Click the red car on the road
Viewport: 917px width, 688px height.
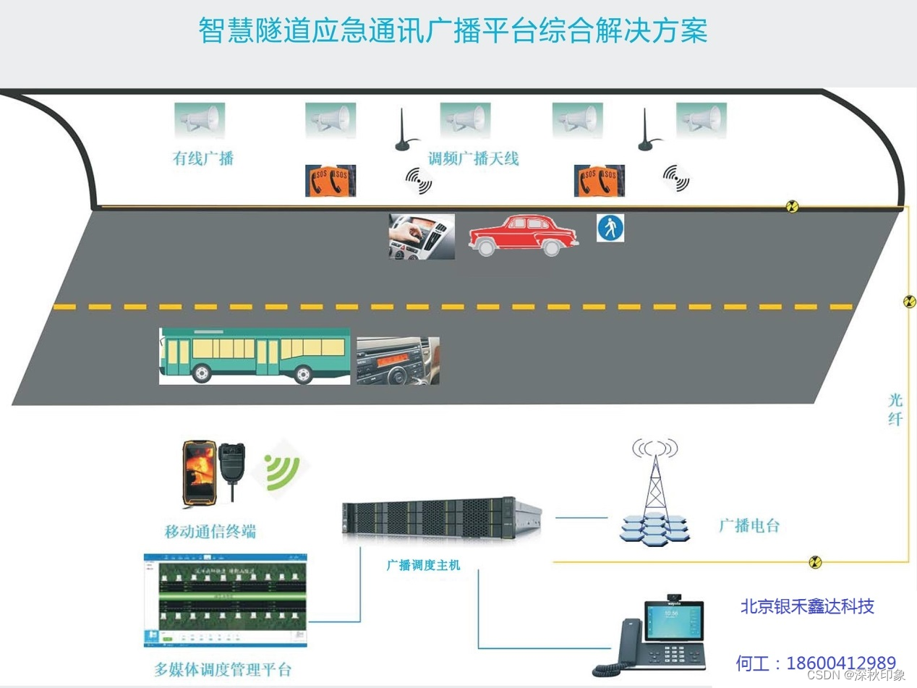coord(523,234)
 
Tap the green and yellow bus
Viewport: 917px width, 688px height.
coord(255,355)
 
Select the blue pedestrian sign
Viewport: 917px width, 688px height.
coord(610,229)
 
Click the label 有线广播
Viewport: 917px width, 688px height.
coord(203,158)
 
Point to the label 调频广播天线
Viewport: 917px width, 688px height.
coord(473,158)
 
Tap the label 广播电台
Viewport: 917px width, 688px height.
coord(749,526)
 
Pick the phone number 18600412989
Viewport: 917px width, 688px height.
coord(841,663)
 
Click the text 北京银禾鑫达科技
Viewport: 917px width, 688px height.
coord(807,606)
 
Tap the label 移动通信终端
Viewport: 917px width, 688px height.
coord(210,532)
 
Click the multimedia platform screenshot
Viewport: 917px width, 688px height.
coord(225,600)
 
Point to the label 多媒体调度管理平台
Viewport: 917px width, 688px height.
coord(223,669)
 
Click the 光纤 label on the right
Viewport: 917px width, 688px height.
coord(895,409)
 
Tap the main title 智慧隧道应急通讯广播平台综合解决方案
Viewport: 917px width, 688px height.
coord(453,31)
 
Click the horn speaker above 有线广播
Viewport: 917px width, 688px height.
coord(200,119)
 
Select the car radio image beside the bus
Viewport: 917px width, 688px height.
coord(398,360)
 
